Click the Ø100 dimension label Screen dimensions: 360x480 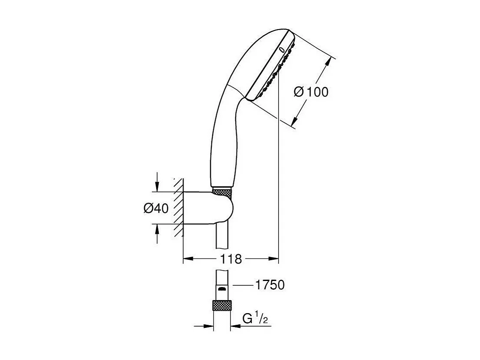311,92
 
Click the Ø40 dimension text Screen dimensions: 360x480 156,208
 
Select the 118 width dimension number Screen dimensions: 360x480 230,259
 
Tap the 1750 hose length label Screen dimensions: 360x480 270,285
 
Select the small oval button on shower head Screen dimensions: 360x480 283,50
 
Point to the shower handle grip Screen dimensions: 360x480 224,143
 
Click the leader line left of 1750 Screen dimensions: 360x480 243,285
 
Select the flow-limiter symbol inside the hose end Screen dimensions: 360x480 222,289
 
